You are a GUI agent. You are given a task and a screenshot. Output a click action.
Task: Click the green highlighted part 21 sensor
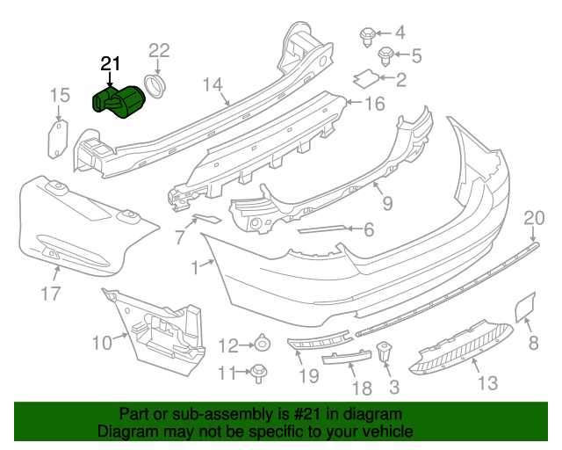119,101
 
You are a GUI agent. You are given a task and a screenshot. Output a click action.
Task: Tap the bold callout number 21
110,64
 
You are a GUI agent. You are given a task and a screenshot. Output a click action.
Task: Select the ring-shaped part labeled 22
155,86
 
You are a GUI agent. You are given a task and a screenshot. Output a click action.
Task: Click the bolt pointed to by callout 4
367,37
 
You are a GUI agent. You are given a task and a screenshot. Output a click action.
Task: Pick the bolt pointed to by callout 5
385,56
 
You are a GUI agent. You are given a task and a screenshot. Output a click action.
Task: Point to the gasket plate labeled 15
58,139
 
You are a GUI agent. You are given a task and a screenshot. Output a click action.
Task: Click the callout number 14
213,85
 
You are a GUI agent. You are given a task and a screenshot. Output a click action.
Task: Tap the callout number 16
375,104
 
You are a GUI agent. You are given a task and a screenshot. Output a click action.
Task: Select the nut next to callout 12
263,344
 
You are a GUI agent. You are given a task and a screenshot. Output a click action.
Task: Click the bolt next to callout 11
258,374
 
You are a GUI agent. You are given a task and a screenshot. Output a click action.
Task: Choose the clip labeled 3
385,352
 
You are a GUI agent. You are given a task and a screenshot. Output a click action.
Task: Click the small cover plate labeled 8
525,307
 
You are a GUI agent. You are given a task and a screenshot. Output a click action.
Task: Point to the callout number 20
534,218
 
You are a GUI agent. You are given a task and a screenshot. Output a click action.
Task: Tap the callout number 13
488,383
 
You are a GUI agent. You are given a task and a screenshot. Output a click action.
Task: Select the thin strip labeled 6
321,229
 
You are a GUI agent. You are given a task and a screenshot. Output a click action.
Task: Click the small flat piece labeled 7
207,219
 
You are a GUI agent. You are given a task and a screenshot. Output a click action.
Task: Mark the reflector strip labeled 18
347,358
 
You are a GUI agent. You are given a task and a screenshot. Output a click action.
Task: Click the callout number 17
51,294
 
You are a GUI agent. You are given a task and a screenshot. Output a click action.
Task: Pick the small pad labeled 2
366,78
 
